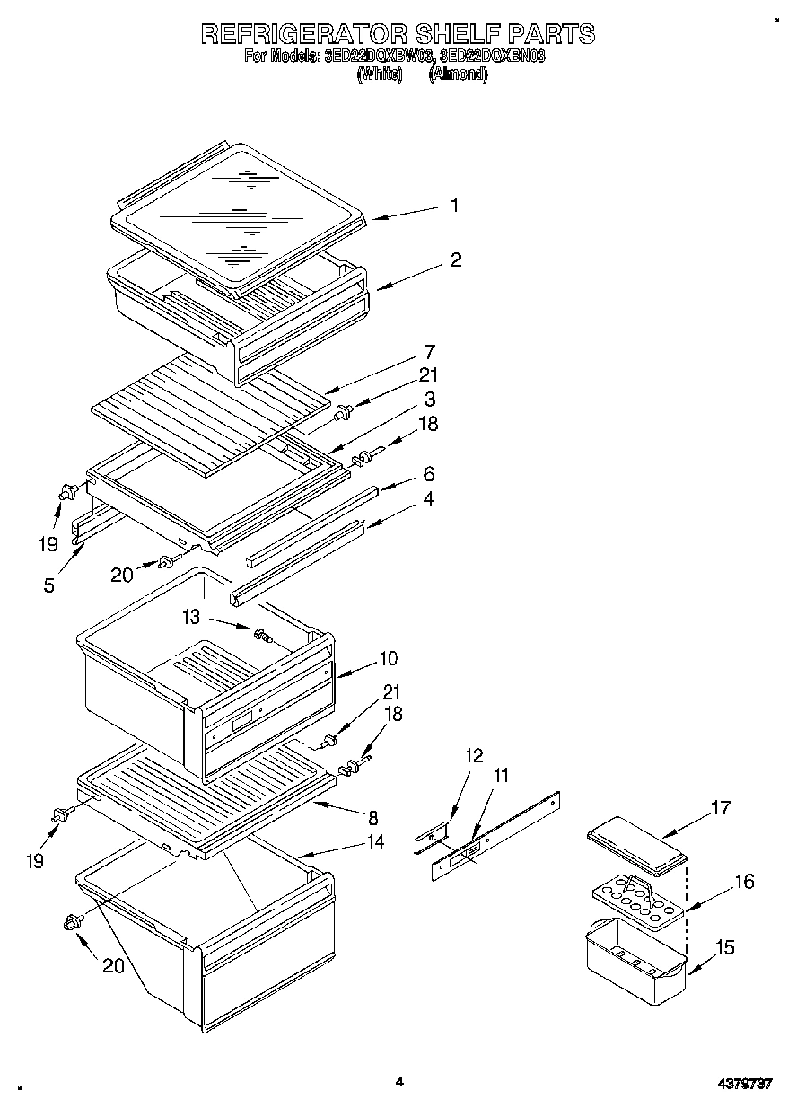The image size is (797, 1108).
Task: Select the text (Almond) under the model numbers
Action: [458, 75]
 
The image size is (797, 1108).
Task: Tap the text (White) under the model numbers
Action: [379, 75]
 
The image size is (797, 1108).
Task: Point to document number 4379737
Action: [744, 1085]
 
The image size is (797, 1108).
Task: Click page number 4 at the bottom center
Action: [399, 1082]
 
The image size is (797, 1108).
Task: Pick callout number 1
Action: [455, 206]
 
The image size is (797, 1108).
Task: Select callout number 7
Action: [430, 350]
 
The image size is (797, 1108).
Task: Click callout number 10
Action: [388, 658]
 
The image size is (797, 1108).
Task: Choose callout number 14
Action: [375, 841]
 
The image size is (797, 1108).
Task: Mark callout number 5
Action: [48, 585]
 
